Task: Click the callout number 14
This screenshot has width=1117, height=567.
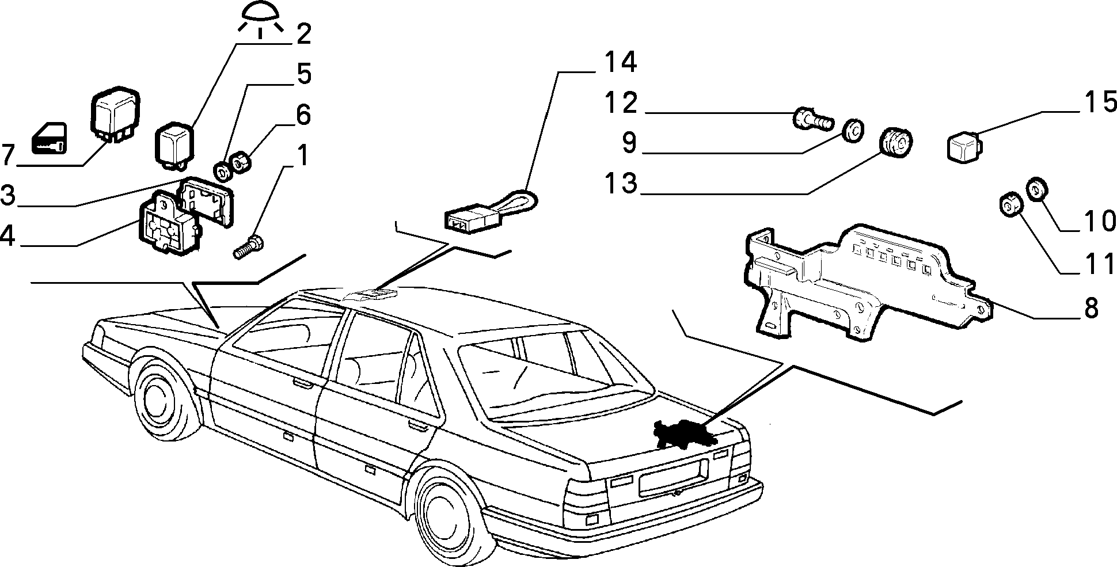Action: pos(620,63)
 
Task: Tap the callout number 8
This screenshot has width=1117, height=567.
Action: pos(1092,308)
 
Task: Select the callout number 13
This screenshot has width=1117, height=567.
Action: pos(621,184)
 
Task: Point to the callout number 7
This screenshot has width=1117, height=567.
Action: pos(7,155)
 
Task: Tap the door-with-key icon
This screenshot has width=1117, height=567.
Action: pos(48,139)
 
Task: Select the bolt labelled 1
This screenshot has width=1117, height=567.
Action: pos(249,248)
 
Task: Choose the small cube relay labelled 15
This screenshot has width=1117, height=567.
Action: pos(964,145)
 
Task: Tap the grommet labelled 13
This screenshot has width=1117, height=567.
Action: pos(896,142)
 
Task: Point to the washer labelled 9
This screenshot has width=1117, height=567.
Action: pos(852,130)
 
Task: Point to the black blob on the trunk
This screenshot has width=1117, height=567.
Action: pos(685,433)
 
